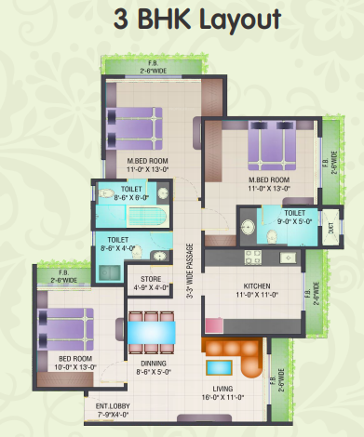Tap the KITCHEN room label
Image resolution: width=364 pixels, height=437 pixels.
[x=256, y=285]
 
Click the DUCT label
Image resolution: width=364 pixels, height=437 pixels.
[x=331, y=224]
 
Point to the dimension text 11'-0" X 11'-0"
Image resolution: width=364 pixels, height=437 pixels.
[x=256, y=294]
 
